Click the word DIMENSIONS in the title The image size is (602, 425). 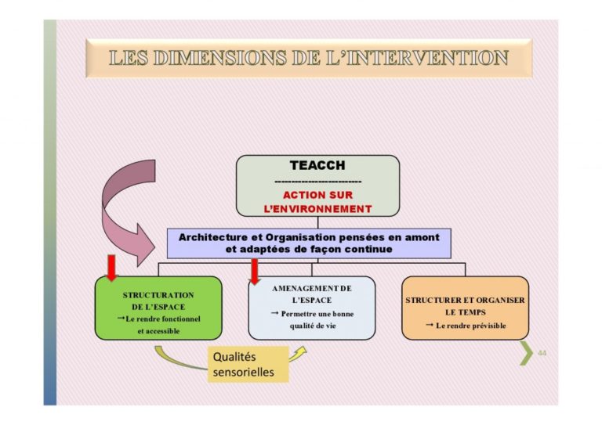point(220,58)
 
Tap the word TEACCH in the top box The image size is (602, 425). point(317,165)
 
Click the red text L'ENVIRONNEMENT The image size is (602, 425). point(318,209)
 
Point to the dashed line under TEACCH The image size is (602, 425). point(318,182)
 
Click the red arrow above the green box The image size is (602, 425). point(111,268)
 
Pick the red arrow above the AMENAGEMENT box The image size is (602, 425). point(254,272)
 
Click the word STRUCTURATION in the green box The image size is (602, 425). point(158,295)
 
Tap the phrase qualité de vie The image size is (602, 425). point(313,326)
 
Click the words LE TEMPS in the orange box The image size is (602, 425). point(466,312)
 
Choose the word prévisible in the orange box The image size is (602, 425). point(486,326)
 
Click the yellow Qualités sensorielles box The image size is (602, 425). point(248,365)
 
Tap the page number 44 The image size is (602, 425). point(542,353)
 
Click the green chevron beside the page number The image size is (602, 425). point(528,353)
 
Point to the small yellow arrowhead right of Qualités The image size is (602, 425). point(301,351)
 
